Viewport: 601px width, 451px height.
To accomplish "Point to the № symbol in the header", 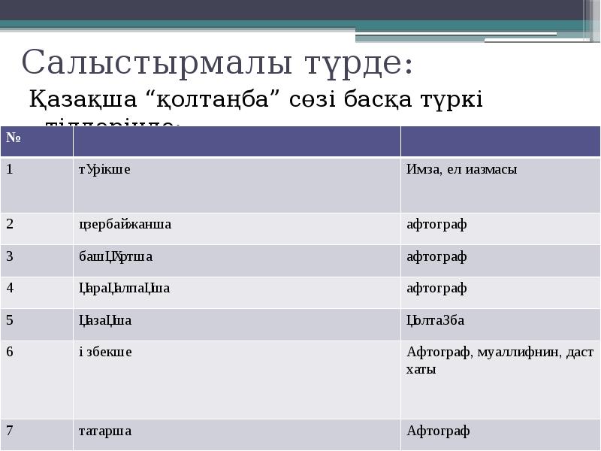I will (13, 138).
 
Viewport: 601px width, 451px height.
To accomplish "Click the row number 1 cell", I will (10, 168).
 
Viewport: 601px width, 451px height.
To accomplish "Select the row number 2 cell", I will (11, 223).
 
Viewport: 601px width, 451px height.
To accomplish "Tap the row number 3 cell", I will (11, 256).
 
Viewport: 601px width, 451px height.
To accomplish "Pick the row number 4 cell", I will (11, 288).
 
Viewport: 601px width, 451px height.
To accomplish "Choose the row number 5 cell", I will (11, 320).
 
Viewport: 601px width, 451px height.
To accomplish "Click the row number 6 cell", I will (11, 352).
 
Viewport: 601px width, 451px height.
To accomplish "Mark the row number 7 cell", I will (11, 431).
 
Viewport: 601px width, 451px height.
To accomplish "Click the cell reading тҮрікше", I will (104, 169).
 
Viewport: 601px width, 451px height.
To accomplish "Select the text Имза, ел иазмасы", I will (461, 169).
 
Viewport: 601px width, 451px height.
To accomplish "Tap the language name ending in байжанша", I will (125, 224).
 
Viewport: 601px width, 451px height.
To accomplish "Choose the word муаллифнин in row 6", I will (518, 352).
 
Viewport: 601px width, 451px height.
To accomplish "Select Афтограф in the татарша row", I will (438, 431).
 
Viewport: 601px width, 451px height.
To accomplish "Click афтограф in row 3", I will (436, 256).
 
